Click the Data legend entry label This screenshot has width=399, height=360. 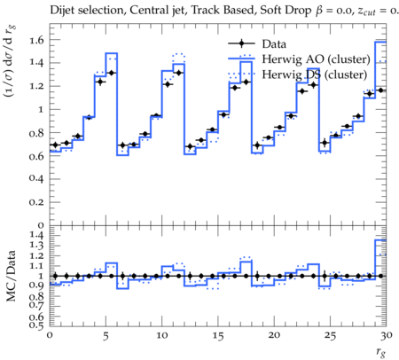274,44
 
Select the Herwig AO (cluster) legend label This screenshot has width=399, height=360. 316,59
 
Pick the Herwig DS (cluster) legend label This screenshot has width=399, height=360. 315,74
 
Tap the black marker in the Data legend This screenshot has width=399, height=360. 241,43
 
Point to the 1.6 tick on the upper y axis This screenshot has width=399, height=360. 36,40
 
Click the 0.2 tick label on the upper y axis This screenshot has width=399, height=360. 36,202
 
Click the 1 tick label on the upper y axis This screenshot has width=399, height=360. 41,109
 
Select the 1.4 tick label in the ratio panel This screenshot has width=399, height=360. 36,235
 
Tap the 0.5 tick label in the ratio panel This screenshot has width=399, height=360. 36,325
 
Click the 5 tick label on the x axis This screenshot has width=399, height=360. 106,336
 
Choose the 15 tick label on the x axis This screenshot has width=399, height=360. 218,336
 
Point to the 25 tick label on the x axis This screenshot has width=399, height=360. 330,336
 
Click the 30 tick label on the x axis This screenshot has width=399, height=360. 386,336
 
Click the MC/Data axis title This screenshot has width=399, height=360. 11,276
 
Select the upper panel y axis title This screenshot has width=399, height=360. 10,62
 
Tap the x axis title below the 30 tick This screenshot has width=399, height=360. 381,352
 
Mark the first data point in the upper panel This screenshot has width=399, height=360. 55,145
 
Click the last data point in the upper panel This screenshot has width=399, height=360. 381,90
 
